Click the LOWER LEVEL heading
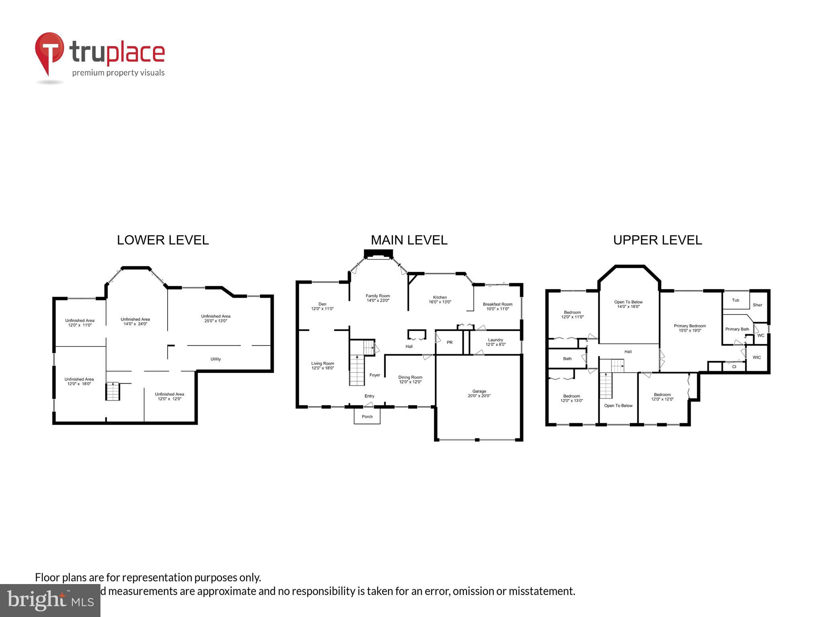[x=163, y=240]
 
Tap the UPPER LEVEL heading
[x=657, y=240]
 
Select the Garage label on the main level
[x=479, y=393]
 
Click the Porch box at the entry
[x=367, y=417]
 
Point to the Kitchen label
[x=440, y=300]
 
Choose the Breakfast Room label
[x=497, y=306]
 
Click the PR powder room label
[x=450, y=343]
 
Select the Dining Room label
[x=410, y=380]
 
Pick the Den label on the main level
[x=322, y=306]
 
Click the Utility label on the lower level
[x=215, y=359]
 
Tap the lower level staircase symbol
[x=113, y=392]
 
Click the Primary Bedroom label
[x=690, y=328]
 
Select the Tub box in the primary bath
[x=735, y=300]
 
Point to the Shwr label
[x=757, y=305]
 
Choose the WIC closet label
[x=757, y=358]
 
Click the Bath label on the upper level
[x=567, y=359]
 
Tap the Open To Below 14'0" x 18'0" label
[x=628, y=304]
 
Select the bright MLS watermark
[x=50, y=600]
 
